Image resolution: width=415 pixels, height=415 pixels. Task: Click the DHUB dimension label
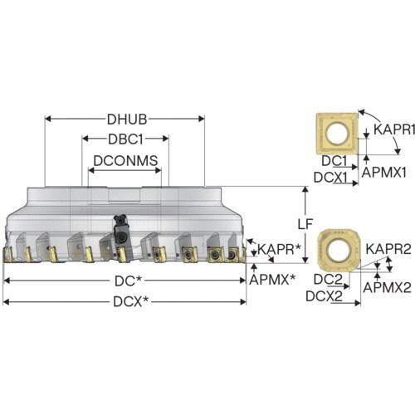tap(127, 120)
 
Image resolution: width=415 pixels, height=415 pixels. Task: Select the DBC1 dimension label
tap(125, 139)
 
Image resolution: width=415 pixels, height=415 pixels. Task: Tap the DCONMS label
tap(125, 160)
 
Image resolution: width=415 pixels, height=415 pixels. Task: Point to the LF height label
tap(305, 224)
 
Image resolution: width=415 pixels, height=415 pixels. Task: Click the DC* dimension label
tap(129, 281)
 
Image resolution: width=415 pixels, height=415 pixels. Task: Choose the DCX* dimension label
tap(130, 301)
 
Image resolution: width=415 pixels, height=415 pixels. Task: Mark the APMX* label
tap(272, 280)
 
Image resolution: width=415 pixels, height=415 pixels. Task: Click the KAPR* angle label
tap(279, 249)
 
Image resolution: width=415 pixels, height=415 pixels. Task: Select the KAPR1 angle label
tap(394, 129)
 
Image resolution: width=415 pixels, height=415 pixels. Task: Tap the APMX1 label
tap(384, 173)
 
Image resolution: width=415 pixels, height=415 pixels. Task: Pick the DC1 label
tap(334, 161)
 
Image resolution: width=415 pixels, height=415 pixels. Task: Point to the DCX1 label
tap(330, 178)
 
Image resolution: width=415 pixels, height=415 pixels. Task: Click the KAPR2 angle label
tap(388, 249)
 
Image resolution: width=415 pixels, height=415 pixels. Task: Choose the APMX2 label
tap(387, 287)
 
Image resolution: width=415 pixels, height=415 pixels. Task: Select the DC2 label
tap(328, 280)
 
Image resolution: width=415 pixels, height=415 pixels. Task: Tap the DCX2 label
tap(325, 296)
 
